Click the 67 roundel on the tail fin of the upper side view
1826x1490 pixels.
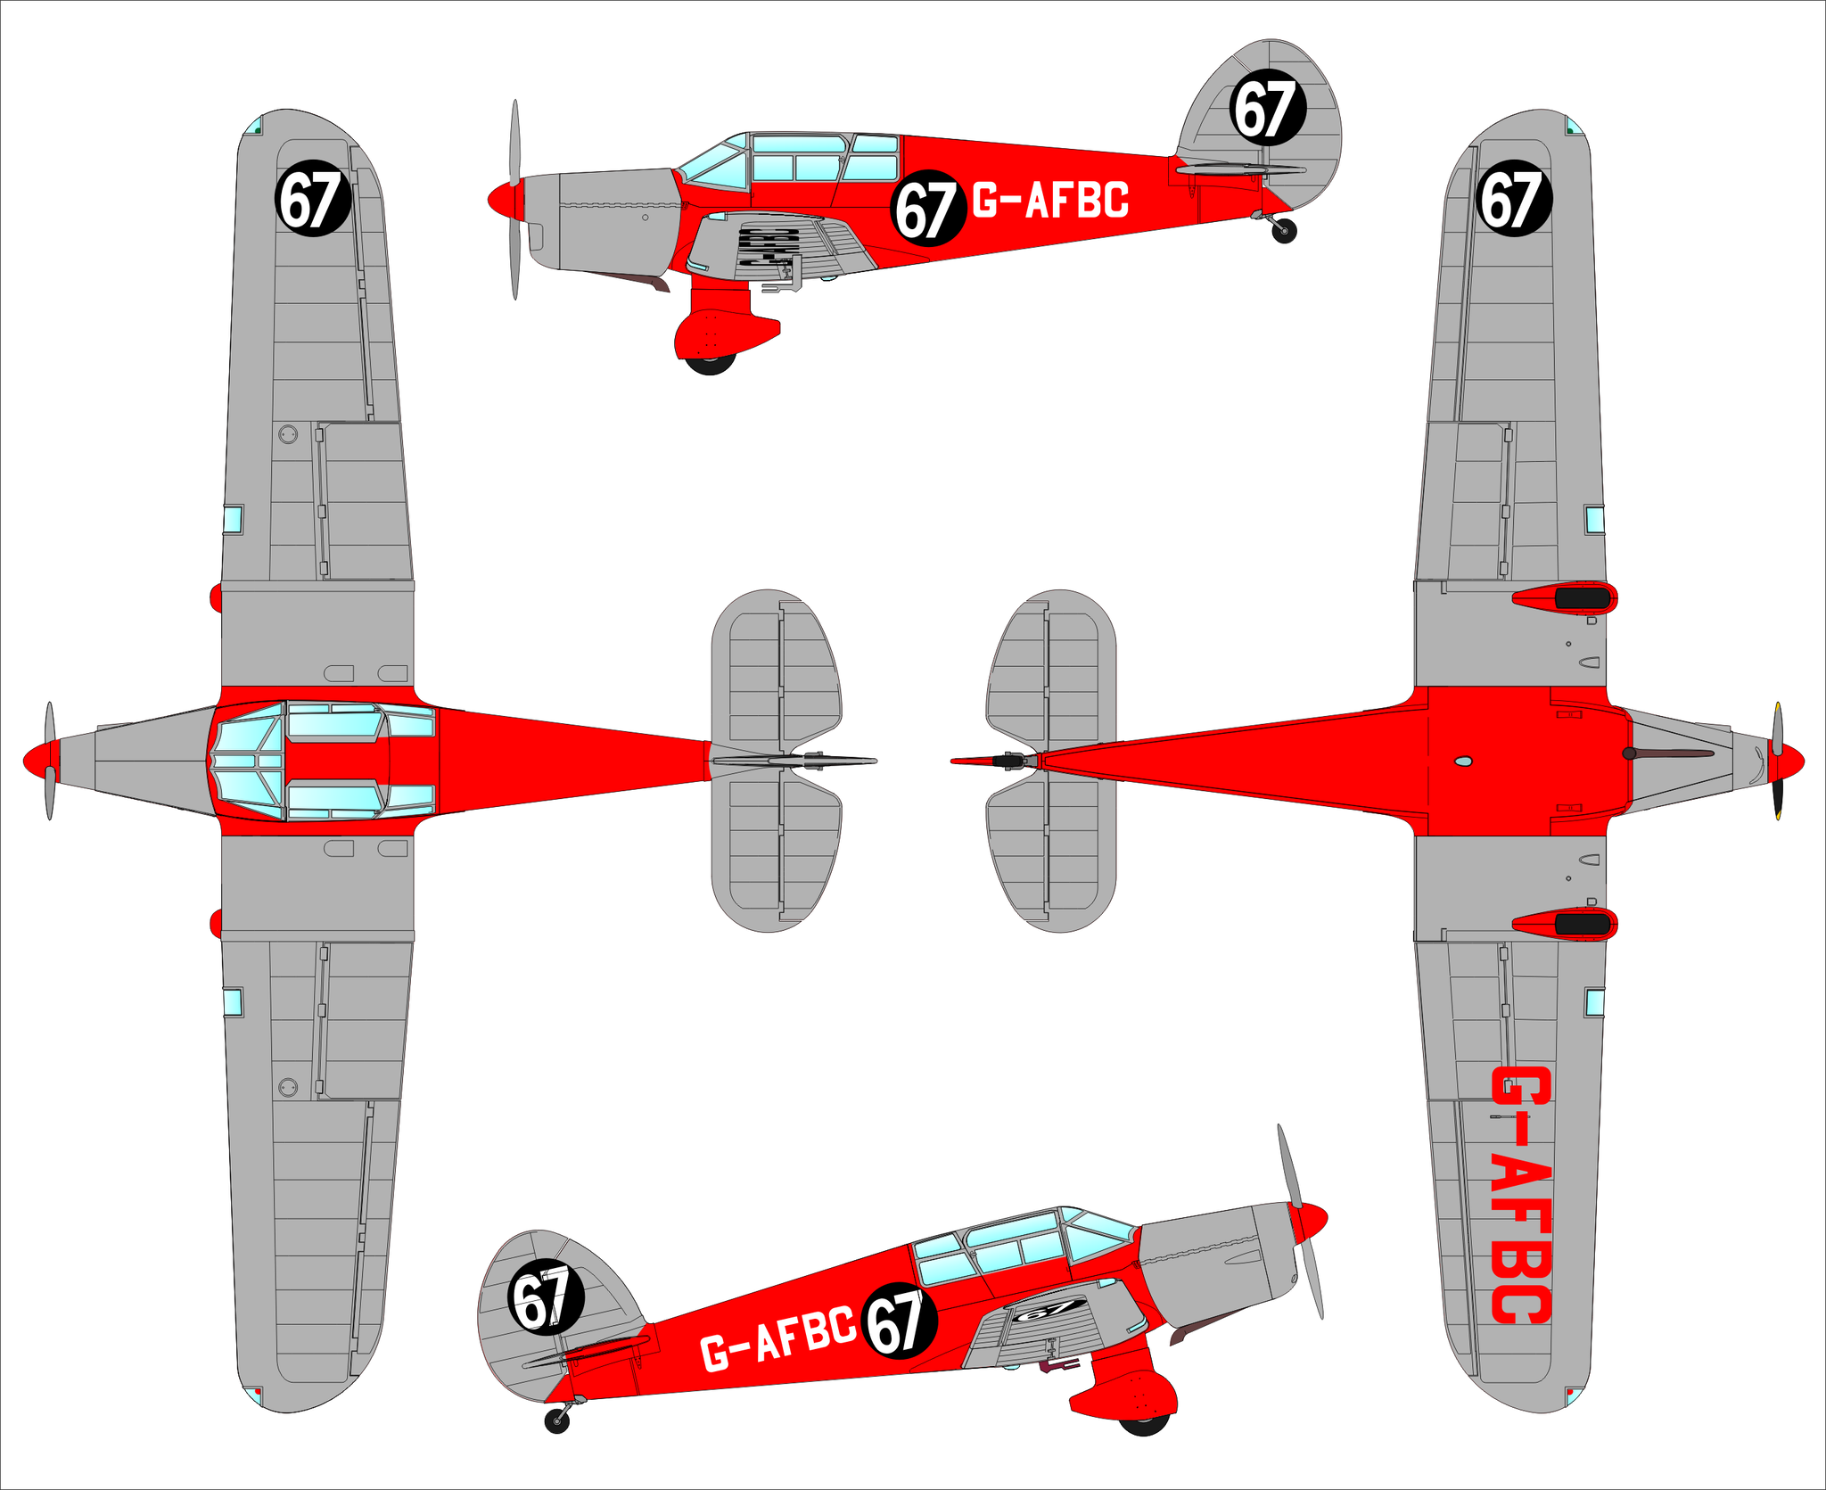pyautogui.click(x=1268, y=108)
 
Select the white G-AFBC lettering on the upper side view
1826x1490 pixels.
pyautogui.click(x=1050, y=201)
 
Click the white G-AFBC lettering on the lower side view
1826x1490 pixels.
pyautogui.click(x=777, y=1338)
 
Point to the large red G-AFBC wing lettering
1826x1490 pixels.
pyautogui.click(x=1521, y=1195)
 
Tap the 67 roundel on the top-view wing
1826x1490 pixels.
pyautogui.click(x=311, y=199)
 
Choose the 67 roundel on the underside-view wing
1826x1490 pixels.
pyautogui.click(x=1514, y=199)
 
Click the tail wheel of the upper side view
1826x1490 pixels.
pyautogui.click(x=1284, y=231)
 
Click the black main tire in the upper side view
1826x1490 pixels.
pyautogui.click(x=710, y=363)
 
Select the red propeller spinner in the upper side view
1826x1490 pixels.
pyautogui.click(x=505, y=198)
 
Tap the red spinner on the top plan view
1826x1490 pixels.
pyautogui.click(x=39, y=761)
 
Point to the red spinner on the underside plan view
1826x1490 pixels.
pyautogui.click(x=1788, y=761)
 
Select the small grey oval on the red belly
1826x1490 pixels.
pyautogui.click(x=1463, y=761)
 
